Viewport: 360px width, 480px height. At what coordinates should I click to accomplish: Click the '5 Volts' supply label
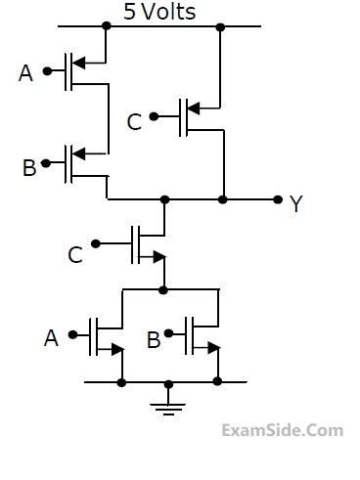pyautogui.click(x=159, y=12)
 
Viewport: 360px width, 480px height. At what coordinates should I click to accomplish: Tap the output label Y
pyautogui.click(x=296, y=203)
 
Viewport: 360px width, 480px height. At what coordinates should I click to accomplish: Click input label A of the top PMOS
pyautogui.click(x=25, y=72)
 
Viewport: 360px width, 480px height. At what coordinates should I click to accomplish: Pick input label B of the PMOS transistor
pyautogui.click(x=29, y=167)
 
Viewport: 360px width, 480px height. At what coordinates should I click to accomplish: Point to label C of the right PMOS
pyautogui.click(x=134, y=121)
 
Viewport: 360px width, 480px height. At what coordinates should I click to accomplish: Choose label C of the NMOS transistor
pyautogui.click(x=75, y=255)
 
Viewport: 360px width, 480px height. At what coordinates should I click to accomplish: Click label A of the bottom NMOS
pyautogui.click(x=51, y=338)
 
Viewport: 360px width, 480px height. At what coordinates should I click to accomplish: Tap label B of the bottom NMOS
pyautogui.click(x=154, y=339)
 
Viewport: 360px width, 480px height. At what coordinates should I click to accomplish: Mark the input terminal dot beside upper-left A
pyautogui.click(x=47, y=71)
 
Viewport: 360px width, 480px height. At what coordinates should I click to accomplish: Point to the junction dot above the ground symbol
pyautogui.click(x=168, y=382)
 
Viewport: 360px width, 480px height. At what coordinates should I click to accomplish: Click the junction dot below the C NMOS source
pyautogui.click(x=163, y=289)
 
